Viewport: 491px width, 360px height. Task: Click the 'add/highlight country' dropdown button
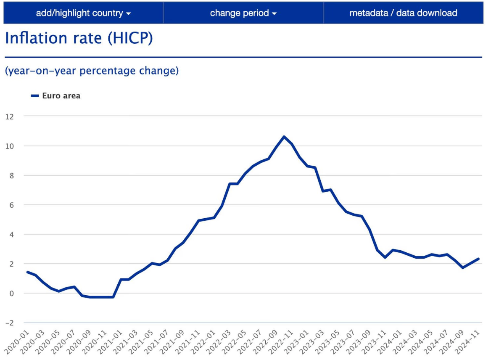tap(83, 13)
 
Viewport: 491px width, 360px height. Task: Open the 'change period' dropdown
tap(243, 13)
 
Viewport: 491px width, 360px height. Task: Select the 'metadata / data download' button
tap(403, 13)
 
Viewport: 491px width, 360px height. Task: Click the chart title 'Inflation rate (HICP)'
tap(79, 38)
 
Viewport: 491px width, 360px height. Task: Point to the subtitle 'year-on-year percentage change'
tap(92, 71)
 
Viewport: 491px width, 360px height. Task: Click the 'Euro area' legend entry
tap(61, 96)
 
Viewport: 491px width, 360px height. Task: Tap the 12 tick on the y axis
tap(9, 116)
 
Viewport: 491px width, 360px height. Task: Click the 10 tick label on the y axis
tap(9, 146)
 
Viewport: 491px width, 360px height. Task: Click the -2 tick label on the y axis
tap(9, 323)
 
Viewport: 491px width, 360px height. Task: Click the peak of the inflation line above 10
tap(284, 137)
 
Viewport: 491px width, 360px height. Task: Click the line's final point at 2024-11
tap(478, 259)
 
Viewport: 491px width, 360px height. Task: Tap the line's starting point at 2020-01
tap(28, 272)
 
